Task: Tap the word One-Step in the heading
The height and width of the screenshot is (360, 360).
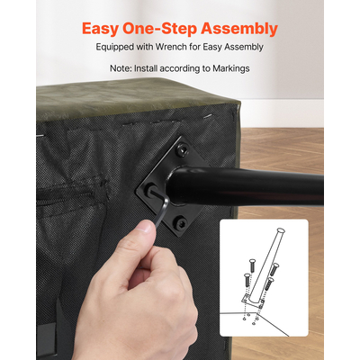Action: coord(159,29)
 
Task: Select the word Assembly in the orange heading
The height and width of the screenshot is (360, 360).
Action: coord(239,29)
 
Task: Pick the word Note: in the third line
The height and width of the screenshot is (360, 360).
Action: coord(121,68)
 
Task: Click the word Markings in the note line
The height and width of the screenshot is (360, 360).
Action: coord(231,68)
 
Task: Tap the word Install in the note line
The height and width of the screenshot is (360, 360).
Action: coord(146,68)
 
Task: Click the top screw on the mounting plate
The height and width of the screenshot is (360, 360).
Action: coord(181,149)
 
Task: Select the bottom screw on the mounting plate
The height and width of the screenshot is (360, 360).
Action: coord(181,222)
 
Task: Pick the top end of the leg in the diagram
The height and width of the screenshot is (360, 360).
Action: coord(281,231)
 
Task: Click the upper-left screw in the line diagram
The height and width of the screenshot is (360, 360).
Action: coord(252,265)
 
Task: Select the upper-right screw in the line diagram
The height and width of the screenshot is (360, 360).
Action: coord(274,269)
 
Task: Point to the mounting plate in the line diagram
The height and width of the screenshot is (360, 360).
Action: coord(253,301)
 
